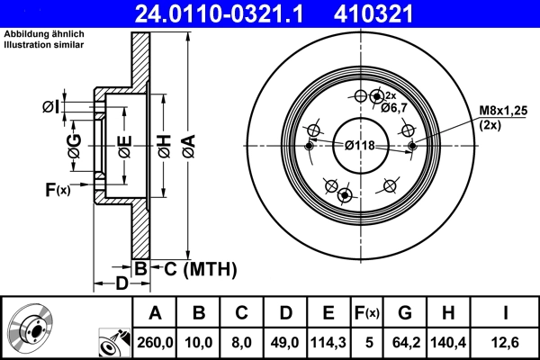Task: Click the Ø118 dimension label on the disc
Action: pos(361,146)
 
